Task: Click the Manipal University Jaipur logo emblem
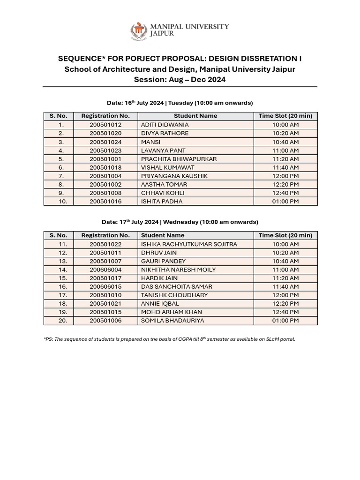pyautogui.click(x=138, y=31)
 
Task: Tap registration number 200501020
pyautogui.click(x=105, y=133)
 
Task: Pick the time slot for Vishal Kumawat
pyautogui.click(x=285, y=167)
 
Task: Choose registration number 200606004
pyautogui.click(x=105, y=270)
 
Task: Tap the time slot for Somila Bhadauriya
pyautogui.click(x=285, y=321)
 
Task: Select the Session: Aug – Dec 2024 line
pyautogui.click(x=180, y=79)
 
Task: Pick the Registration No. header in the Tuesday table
pyautogui.click(x=105, y=116)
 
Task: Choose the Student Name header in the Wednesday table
pyautogui.click(x=163, y=235)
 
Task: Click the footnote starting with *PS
pyautogui.click(x=169, y=339)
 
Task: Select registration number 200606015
pyautogui.click(x=105, y=286)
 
